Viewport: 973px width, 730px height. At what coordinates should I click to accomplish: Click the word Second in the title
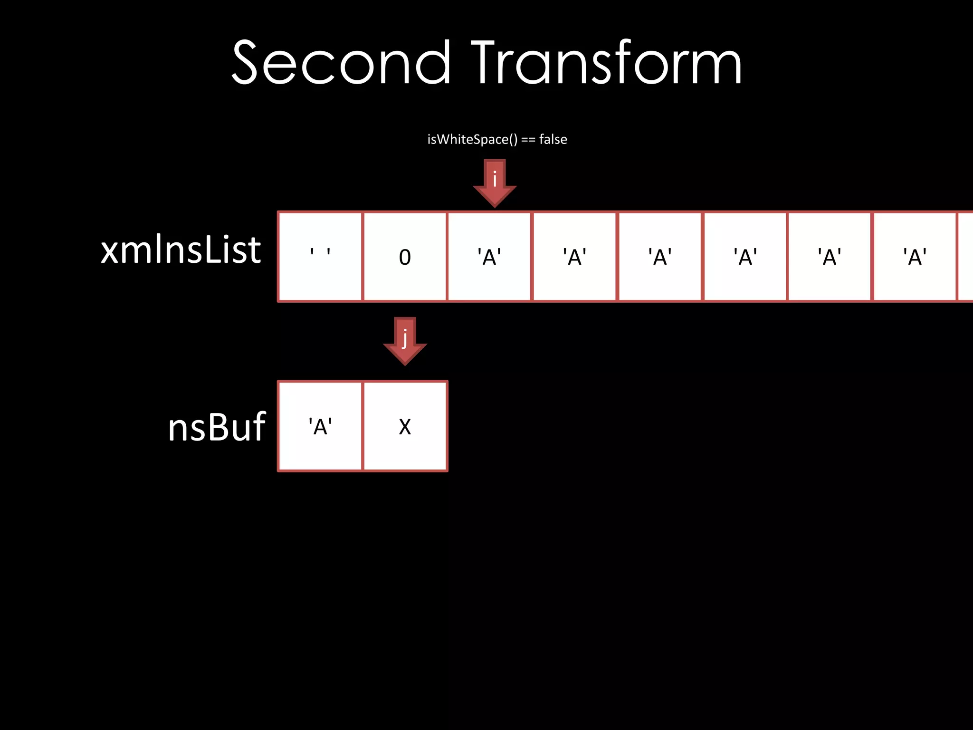coord(340,63)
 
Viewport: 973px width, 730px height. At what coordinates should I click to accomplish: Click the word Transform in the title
coord(606,63)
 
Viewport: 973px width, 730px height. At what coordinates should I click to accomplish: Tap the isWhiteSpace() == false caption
coord(497,139)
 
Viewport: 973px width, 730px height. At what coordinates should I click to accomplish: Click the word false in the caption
coord(553,139)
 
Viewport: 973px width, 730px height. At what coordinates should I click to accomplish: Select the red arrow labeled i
coord(495,183)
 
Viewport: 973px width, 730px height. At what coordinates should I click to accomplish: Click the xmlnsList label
coord(181,250)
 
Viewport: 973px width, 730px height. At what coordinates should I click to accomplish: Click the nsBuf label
coord(217,427)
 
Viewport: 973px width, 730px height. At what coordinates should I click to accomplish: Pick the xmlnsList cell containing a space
coord(320,257)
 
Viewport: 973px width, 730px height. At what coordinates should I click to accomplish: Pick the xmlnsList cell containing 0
coord(405,257)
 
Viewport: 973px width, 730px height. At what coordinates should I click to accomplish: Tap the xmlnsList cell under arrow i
coord(489,257)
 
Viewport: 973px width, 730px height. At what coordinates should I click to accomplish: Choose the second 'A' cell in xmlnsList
coord(575,257)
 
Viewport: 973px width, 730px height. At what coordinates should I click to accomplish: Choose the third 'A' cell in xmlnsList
coord(660,257)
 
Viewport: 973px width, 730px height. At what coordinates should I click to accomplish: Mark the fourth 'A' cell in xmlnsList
coord(745,257)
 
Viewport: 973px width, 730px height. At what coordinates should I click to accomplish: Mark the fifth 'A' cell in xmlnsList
coord(830,257)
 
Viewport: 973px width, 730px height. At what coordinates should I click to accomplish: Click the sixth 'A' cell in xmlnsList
coord(915,257)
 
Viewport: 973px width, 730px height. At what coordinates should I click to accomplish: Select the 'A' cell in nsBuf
coord(320,426)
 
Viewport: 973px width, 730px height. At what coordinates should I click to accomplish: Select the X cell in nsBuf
coord(405,426)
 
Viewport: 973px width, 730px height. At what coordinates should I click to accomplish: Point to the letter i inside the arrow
coord(495,179)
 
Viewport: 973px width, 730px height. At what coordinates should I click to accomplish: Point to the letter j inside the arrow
coord(405,337)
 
